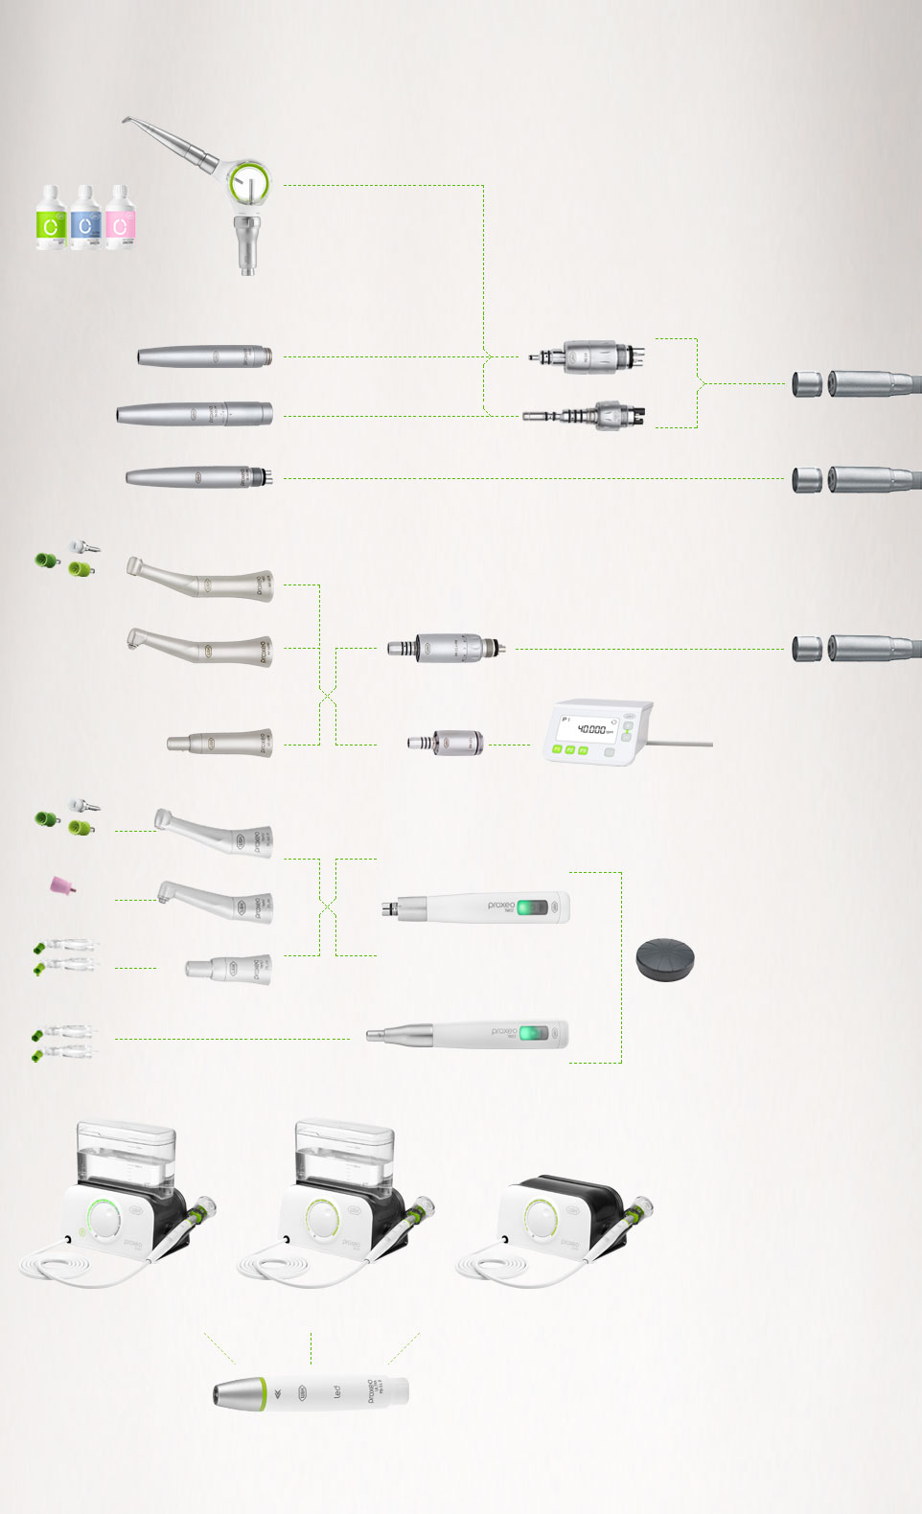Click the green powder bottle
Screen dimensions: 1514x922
tap(50, 218)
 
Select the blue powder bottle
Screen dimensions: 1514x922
tap(85, 218)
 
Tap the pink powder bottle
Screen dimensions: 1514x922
tap(120, 218)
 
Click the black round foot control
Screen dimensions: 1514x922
tap(664, 959)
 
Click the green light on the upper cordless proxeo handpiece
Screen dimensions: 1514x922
tap(534, 906)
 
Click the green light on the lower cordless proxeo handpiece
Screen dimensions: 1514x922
tap(537, 1034)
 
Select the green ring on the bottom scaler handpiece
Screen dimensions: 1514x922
tap(262, 1393)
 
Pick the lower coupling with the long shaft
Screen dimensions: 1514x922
tap(585, 417)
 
